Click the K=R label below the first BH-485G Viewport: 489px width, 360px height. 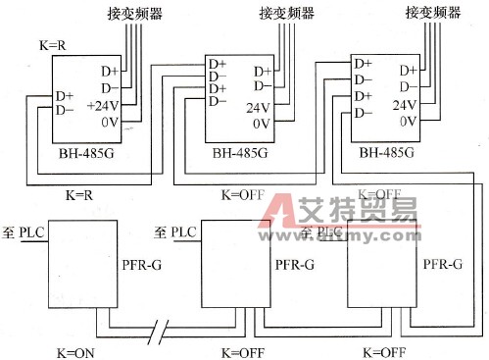[x=78, y=196]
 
